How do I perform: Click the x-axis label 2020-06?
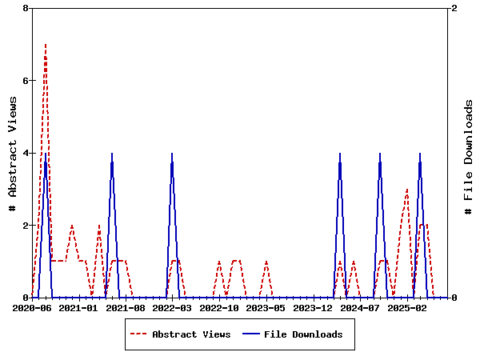pos(32,308)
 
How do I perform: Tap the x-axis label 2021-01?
pos(78,308)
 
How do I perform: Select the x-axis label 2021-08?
pos(126,308)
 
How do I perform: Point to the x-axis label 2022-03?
pos(172,308)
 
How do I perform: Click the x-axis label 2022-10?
pos(219,308)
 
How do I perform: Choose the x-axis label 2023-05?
pos(266,308)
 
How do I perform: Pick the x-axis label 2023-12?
pos(313,308)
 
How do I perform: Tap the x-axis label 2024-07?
pos(359,308)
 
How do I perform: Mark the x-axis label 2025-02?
pos(406,308)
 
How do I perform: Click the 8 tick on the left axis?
pos(26,8)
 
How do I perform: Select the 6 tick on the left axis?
pos(26,81)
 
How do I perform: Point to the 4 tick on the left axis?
pos(26,153)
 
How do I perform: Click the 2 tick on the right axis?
pos(454,8)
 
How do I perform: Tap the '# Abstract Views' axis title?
pos(12,153)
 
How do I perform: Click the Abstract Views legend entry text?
pos(191,334)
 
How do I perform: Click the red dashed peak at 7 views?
pos(46,45)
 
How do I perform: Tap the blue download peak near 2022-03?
pos(172,154)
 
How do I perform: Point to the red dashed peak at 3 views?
pos(407,190)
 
